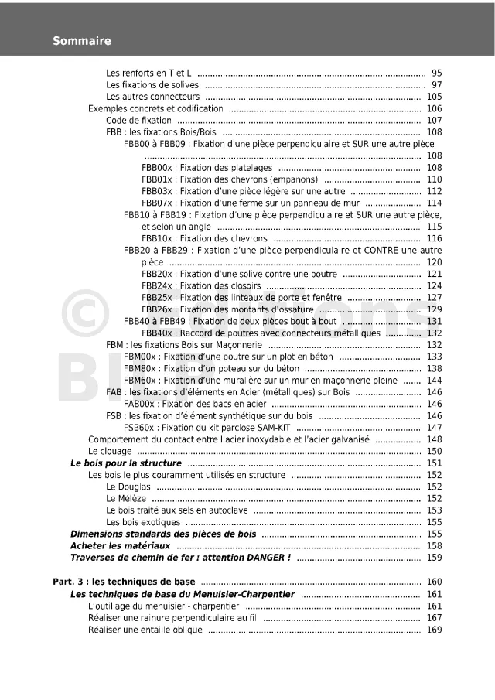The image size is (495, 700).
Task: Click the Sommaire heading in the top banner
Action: pyautogui.click(x=82, y=41)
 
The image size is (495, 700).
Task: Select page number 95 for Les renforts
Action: pyautogui.click(x=436, y=73)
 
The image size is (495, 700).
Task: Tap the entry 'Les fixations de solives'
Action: pyautogui.click(x=152, y=85)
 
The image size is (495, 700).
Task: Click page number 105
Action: pyautogui.click(x=434, y=97)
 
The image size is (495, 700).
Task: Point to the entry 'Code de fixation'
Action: pyautogui.click(x=139, y=121)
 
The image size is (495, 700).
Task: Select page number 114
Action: pyautogui.click(x=434, y=203)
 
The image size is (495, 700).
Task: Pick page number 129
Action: pyautogui.click(x=434, y=309)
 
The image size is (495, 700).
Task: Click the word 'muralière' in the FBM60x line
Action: pyautogui.click(x=265, y=381)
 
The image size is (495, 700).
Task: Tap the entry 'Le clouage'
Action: pyautogui.click(x=111, y=451)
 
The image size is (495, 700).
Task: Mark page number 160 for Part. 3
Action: pyautogui.click(x=434, y=582)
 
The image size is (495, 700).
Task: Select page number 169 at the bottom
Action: pyautogui.click(x=434, y=630)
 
